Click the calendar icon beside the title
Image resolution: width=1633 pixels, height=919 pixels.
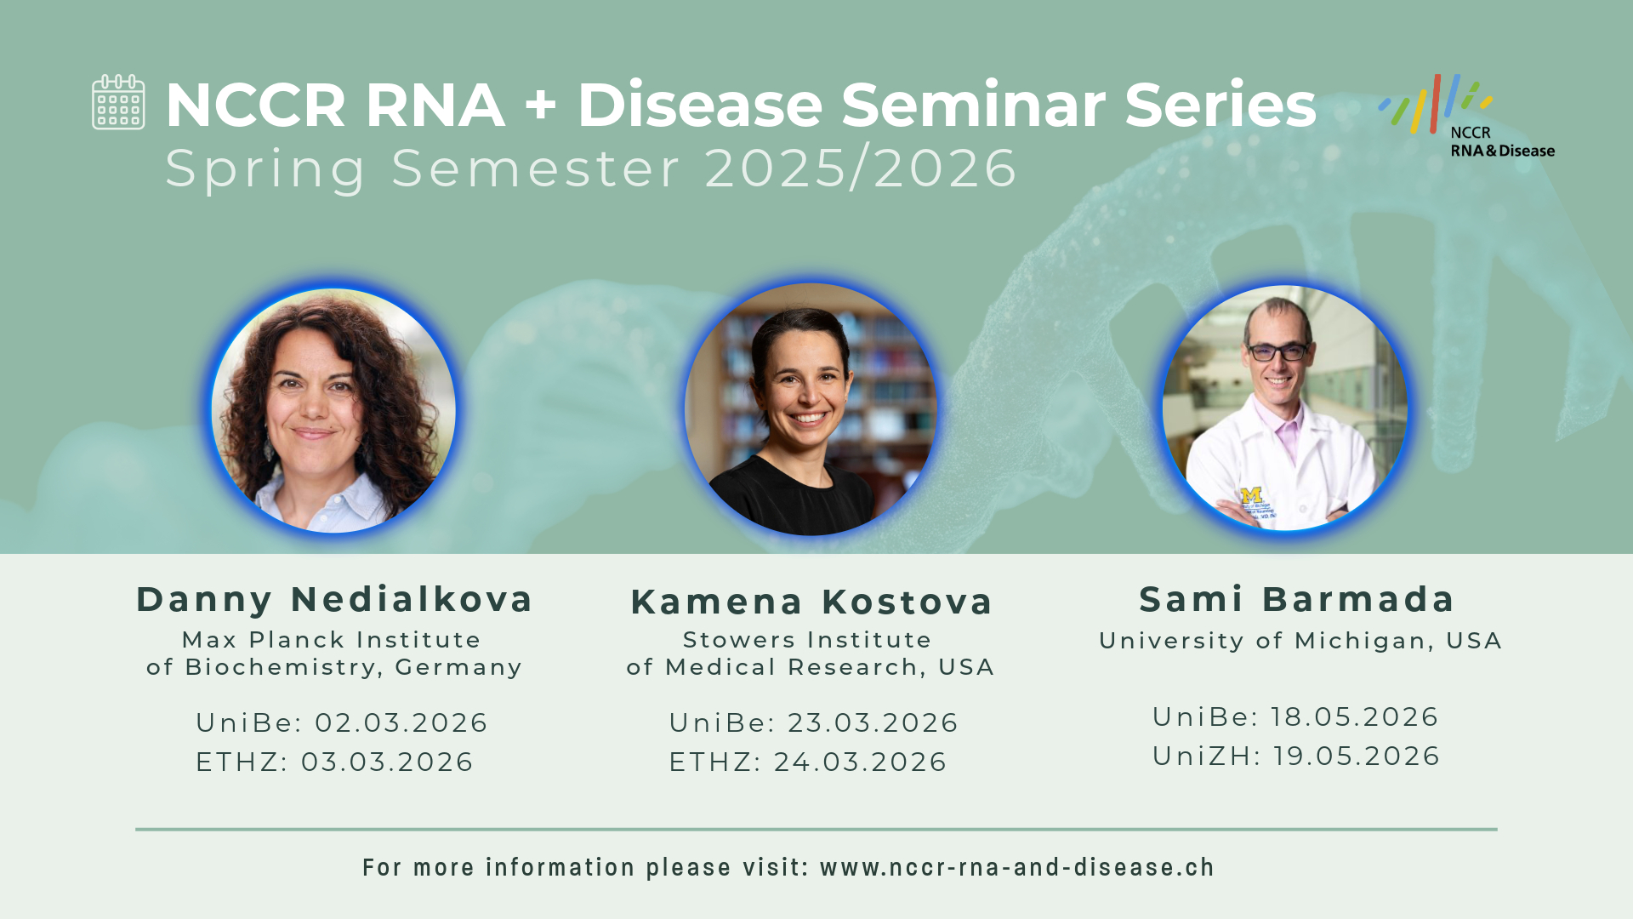118,102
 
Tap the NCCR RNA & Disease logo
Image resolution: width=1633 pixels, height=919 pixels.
1466,117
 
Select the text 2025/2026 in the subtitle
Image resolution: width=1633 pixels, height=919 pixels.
861,168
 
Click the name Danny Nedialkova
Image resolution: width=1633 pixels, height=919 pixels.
334,599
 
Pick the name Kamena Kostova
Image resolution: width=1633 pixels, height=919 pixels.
811,602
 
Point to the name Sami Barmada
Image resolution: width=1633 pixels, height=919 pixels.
1297,599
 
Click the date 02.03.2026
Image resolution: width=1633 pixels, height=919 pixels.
401,722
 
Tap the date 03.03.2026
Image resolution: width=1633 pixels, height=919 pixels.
387,762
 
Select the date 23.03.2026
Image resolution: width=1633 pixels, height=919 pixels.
873,722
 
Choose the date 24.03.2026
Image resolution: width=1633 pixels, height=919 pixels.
860,762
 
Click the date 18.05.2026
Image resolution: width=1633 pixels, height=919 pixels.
1355,716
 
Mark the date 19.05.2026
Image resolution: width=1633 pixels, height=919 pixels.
1357,756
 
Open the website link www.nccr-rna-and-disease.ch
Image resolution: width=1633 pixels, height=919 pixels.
1017,867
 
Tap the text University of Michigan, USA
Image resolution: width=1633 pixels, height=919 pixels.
1300,641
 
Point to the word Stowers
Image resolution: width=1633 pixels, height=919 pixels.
731,640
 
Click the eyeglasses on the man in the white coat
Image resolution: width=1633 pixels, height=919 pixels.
1277,351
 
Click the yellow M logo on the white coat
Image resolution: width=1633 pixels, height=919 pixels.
1251,495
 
